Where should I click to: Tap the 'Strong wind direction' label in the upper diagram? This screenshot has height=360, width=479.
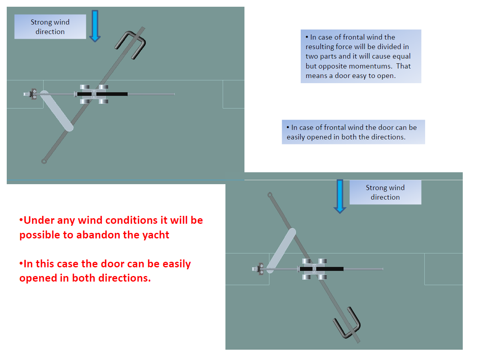tap(50, 27)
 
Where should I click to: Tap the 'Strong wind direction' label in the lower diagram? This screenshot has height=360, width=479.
tap(385, 192)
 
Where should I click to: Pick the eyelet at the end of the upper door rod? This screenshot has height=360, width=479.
tap(44, 161)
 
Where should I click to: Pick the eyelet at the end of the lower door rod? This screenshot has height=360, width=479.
tap(269, 194)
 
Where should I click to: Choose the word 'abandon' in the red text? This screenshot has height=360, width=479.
tap(99, 235)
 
